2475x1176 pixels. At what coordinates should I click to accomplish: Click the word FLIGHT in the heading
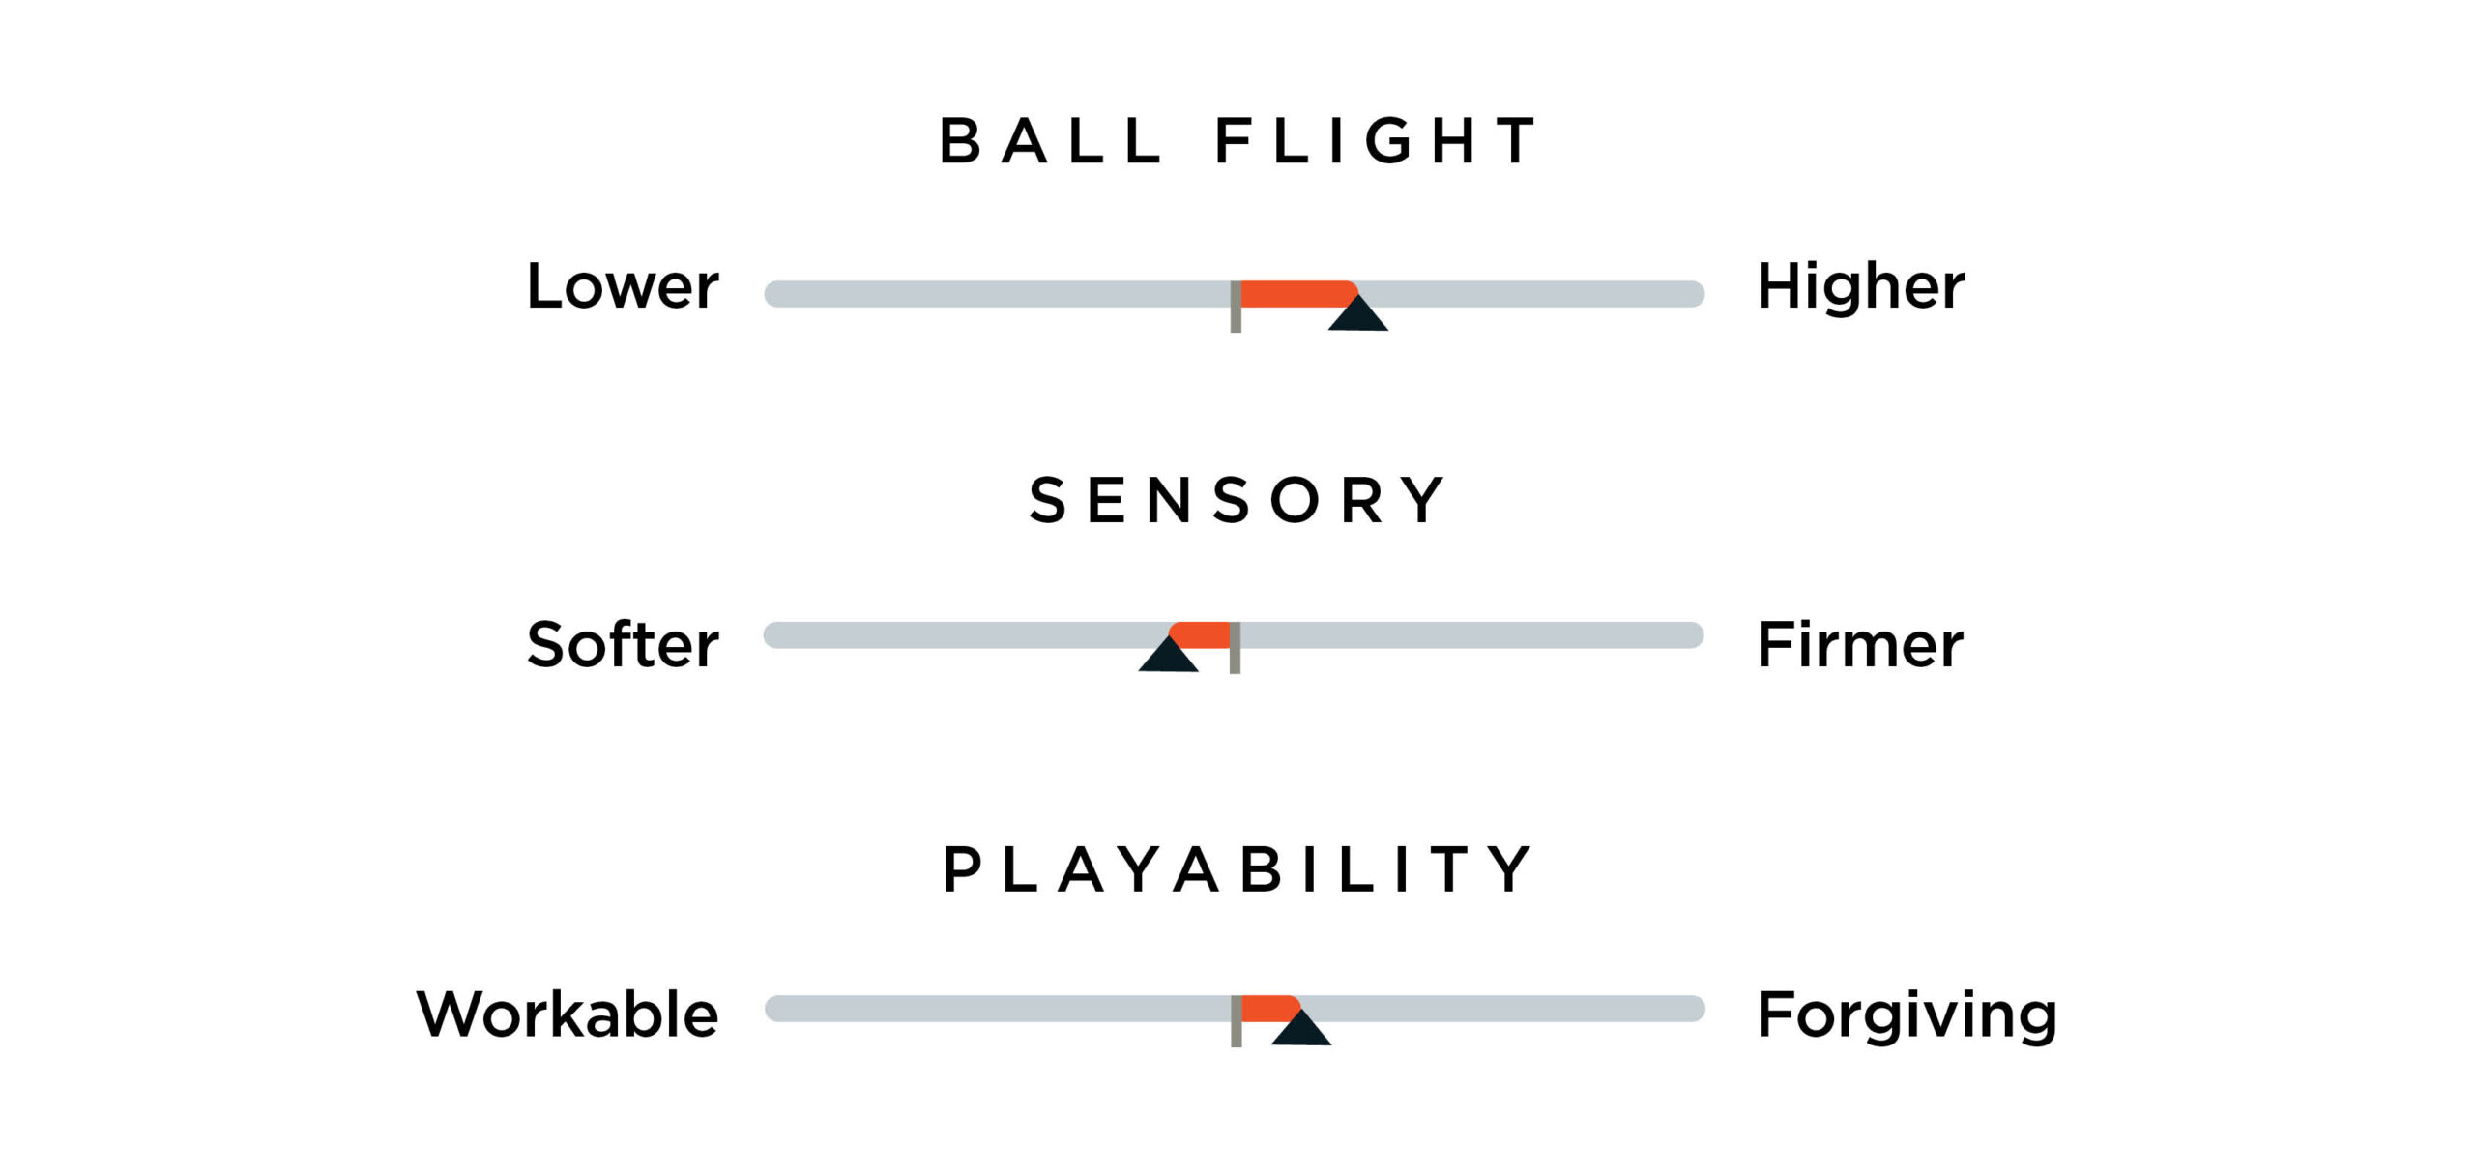(1375, 141)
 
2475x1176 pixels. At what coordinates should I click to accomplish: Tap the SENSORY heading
(1237, 501)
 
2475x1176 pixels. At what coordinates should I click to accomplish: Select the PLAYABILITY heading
(1237, 868)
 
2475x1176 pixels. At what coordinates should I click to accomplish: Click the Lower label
(623, 286)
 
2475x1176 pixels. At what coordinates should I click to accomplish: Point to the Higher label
(1860, 286)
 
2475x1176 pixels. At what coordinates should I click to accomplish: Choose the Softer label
(623, 645)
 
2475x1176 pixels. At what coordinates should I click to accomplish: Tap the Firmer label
(1859, 645)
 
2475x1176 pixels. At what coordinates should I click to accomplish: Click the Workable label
(568, 1014)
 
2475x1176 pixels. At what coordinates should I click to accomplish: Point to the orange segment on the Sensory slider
(1202, 634)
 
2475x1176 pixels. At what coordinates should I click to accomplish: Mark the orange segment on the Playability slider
(1267, 1008)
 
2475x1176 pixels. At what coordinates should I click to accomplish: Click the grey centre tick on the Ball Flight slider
(1236, 307)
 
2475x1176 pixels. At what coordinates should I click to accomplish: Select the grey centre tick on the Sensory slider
(1235, 647)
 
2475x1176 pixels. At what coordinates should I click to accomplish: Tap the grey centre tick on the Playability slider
(1236, 1020)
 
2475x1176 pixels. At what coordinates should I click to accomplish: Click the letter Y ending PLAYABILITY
(1509, 868)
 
